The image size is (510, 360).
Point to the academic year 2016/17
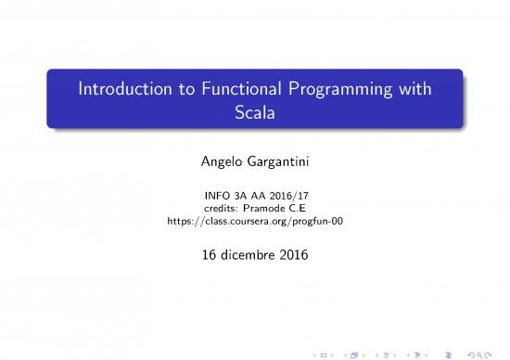click(287, 196)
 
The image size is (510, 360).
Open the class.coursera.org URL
click(255, 222)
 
